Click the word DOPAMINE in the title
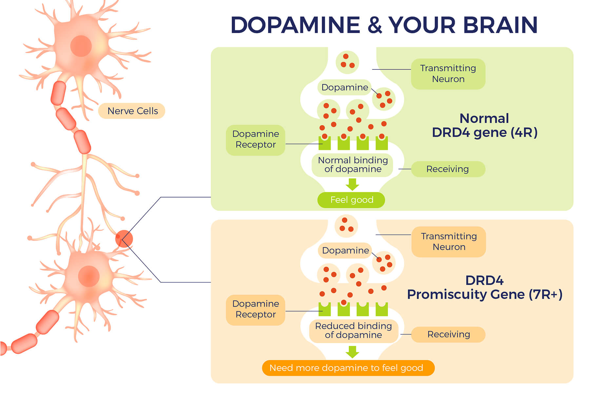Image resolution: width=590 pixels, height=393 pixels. click(x=295, y=25)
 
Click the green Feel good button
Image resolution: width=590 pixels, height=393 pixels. click(x=351, y=200)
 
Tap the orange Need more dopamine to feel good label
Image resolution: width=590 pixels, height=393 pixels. click(x=348, y=368)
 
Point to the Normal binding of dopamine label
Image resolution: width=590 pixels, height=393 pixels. click(x=353, y=165)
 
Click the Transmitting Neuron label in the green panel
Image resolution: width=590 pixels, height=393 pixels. click(x=448, y=74)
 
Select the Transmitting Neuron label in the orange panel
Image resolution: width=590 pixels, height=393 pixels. click(x=449, y=242)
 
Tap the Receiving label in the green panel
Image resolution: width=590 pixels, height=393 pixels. click(x=448, y=169)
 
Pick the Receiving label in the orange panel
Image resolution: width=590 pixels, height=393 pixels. click(x=448, y=334)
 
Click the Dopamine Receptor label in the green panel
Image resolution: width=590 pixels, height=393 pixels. click(x=256, y=140)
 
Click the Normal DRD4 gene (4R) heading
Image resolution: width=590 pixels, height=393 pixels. click(x=484, y=125)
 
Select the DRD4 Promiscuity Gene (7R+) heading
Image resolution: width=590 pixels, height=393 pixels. click(x=484, y=288)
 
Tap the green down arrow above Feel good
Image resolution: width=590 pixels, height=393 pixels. click(x=352, y=184)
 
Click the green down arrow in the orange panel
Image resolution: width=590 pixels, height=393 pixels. click(x=352, y=352)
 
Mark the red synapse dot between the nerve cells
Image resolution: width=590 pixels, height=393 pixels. click(x=124, y=239)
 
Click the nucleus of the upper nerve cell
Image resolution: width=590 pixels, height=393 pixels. click(x=81, y=46)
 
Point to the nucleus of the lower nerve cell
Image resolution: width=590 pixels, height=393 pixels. click(x=88, y=276)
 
